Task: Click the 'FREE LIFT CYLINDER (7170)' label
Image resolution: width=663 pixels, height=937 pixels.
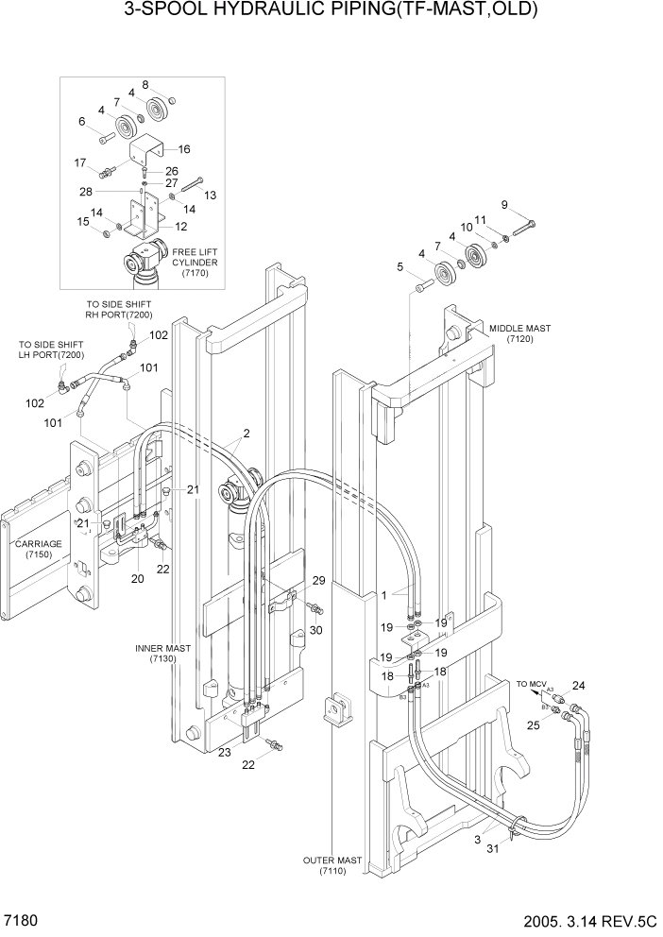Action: click(195, 262)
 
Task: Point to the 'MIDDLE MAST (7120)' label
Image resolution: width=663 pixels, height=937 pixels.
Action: click(518, 333)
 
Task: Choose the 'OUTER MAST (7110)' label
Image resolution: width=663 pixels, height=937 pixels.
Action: click(331, 864)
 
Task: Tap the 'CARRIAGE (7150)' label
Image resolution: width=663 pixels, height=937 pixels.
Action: click(38, 550)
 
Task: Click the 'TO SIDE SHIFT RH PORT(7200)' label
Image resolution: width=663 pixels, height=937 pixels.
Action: click(118, 309)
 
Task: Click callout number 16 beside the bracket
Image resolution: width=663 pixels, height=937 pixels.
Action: click(183, 149)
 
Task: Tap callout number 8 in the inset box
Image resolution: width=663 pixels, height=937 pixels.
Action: click(144, 85)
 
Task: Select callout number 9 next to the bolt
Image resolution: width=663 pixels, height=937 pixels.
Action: click(503, 205)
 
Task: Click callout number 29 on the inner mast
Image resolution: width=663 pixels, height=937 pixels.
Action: click(318, 580)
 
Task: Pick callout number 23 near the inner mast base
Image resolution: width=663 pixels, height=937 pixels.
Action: click(225, 752)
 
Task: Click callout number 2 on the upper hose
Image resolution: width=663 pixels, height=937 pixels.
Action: click(246, 434)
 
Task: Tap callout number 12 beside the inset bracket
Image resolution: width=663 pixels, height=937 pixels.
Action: click(180, 227)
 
